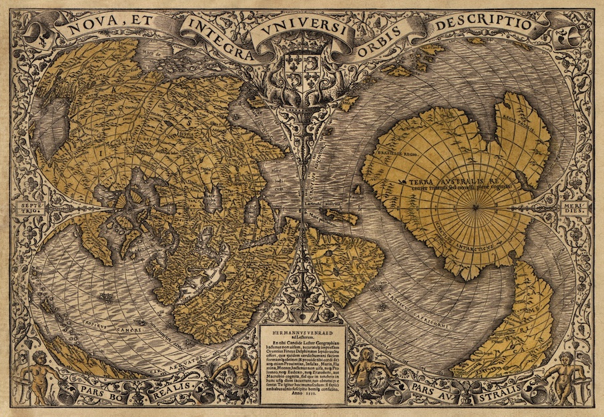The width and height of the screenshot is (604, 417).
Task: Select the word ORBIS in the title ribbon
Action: pyautogui.click(x=387, y=36)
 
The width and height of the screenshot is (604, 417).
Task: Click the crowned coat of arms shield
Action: pyautogui.click(x=302, y=66)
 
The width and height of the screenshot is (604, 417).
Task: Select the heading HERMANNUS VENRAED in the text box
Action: pyautogui.click(x=302, y=332)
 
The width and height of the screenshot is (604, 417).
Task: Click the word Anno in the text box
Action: pyautogui.click(x=294, y=398)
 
